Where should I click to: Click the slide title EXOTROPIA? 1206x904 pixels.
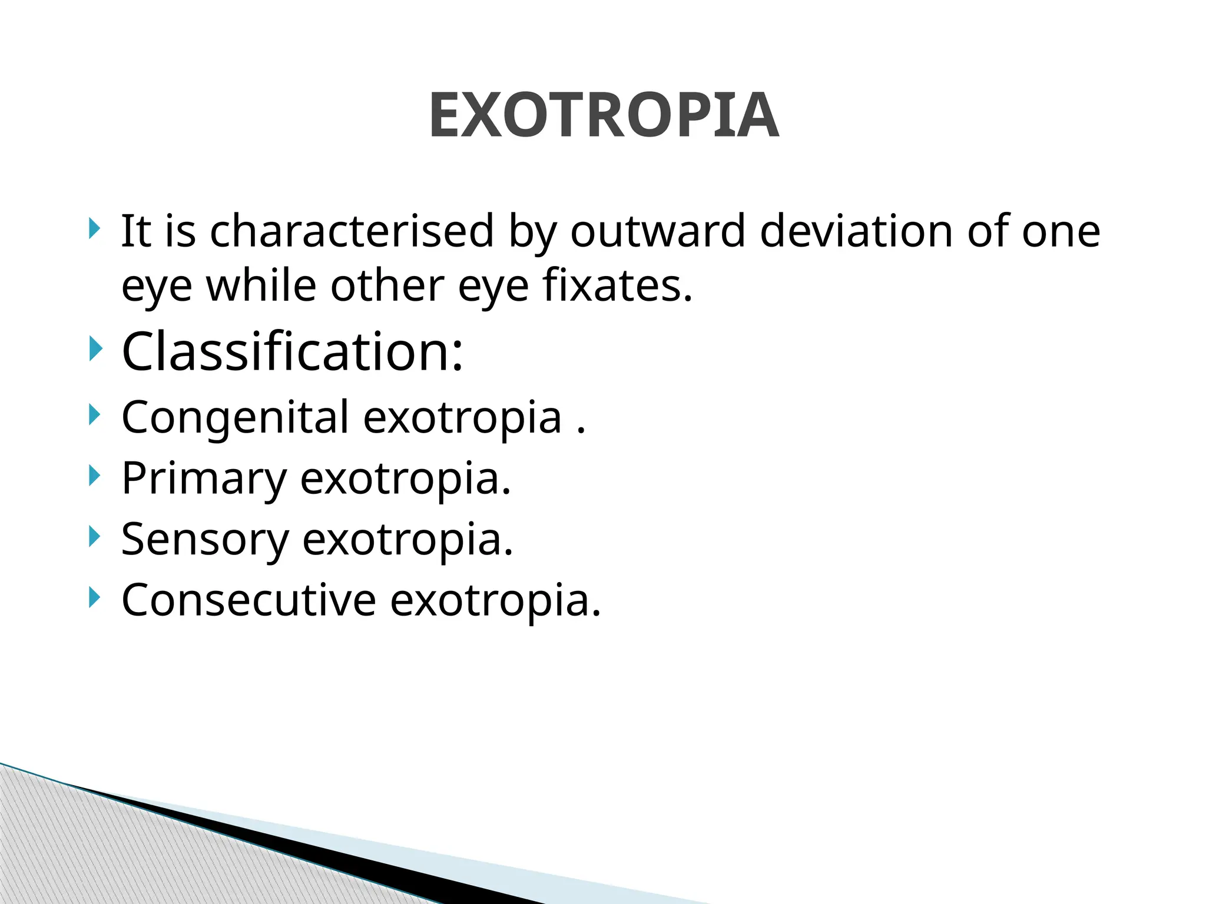[x=604, y=116]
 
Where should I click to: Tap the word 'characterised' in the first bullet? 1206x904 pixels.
[x=352, y=231]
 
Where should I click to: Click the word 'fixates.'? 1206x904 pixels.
[x=617, y=285]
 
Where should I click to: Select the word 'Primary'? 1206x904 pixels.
[x=204, y=478]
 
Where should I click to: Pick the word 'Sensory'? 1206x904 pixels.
[x=205, y=540]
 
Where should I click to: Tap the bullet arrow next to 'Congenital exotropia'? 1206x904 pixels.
[x=94, y=414]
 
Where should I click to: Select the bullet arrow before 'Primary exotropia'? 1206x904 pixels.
[x=94, y=476]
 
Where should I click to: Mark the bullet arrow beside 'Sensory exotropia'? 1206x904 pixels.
[x=94, y=536]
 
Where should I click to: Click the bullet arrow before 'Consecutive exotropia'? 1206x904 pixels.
[x=94, y=597]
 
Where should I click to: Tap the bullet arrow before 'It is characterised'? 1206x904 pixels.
[x=94, y=228]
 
